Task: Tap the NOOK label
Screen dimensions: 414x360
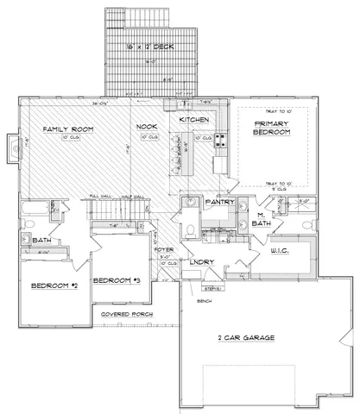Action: pyautogui.click(x=145, y=128)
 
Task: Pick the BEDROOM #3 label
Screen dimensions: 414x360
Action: pyautogui.click(x=117, y=280)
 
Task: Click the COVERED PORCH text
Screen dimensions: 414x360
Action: pyautogui.click(x=126, y=314)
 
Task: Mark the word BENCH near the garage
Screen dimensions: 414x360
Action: pyautogui.click(x=205, y=303)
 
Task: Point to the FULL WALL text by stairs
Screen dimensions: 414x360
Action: pyautogui.click(x=101, y=198)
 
